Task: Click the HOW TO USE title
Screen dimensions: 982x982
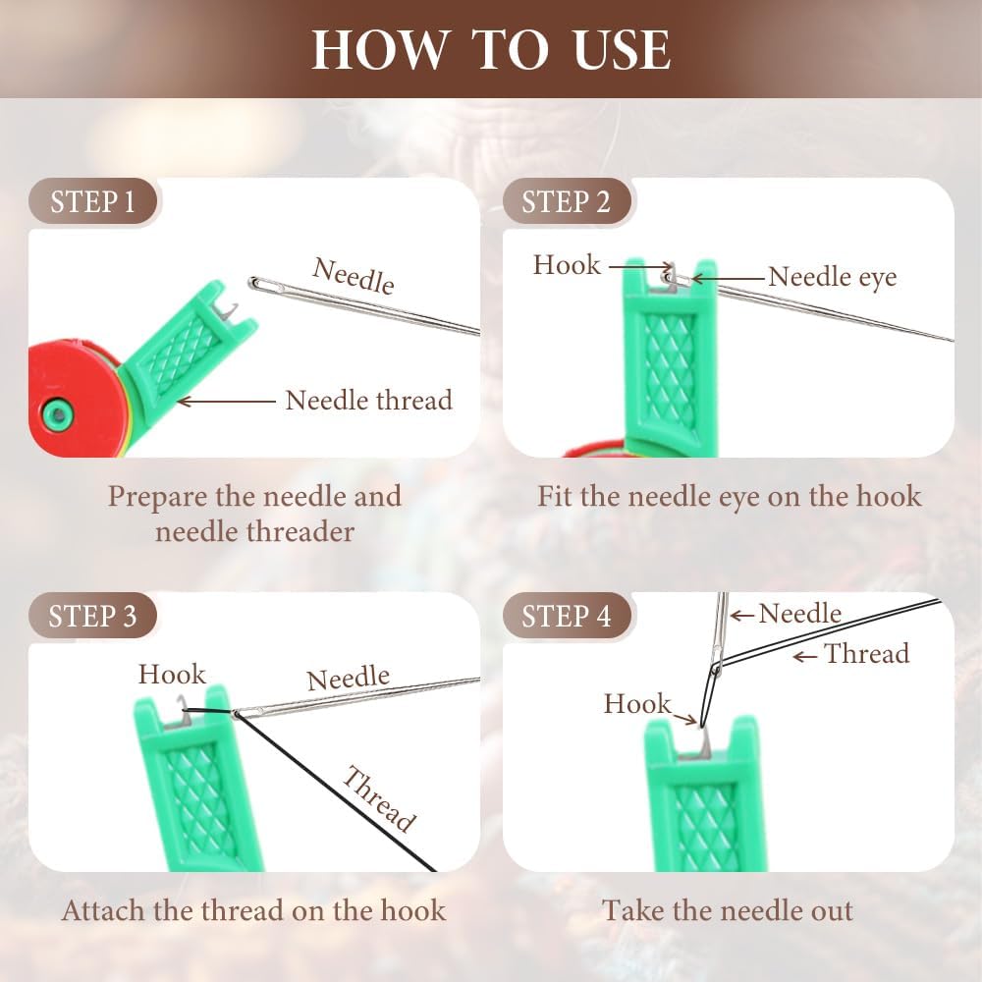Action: [491, 49]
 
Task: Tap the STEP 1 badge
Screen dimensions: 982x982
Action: [92, 202]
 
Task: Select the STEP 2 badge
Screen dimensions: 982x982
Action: [566, 202]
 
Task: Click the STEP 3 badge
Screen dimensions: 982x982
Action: [92, 616]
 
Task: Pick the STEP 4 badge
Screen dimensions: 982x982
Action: [566, 616]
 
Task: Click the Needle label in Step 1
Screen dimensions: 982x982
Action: [354, 275]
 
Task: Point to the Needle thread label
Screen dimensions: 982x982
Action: [368, 400]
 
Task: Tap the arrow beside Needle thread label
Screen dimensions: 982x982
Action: [226, 401]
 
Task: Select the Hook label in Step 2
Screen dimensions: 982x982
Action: [567, 264]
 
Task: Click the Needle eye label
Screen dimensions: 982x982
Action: [832, 277]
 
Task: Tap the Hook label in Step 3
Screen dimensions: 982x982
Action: [172, 674]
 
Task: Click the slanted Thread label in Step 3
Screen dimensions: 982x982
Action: [379, 797]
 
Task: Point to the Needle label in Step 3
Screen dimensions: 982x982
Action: [348, 678]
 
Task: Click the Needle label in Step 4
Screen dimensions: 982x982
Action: [799, 614]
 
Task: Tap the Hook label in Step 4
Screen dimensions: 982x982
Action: [637, 703]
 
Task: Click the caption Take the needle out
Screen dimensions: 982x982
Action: [728, 910]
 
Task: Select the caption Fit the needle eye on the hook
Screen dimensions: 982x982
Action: [729, 495]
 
